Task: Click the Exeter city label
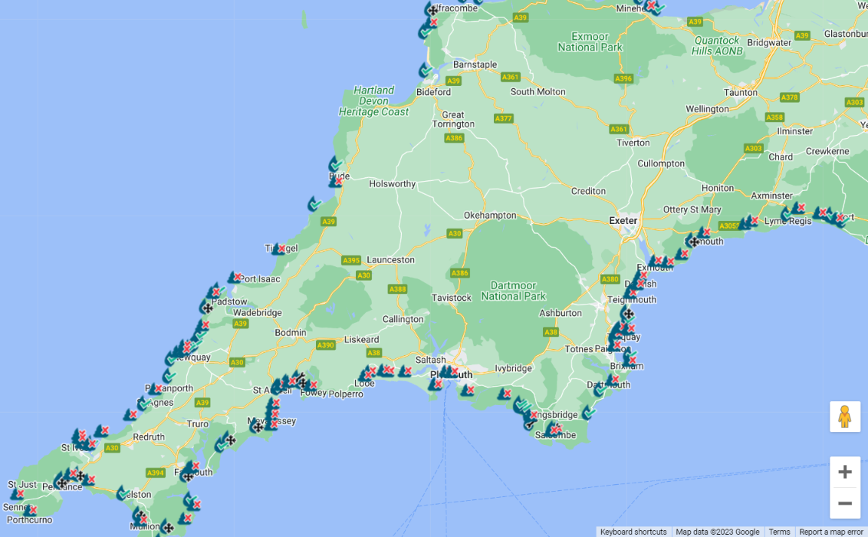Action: click(x=623, y=221)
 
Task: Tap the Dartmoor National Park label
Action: click(x=513, y=291)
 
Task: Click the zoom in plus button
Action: click(x=844, y=472)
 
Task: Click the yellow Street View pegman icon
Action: click(x=844, y=417)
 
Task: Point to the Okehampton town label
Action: click(x=490, y=216)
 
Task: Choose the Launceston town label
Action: click(x=390, y=260)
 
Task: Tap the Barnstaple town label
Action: click(x=475, y=65)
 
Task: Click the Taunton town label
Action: click(x=740, y=92)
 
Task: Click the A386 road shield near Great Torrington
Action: click(x=454, y=138)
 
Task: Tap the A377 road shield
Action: click(x=503, y=119)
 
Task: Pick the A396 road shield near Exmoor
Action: click(x=623, y=78)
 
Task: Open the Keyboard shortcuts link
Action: click(x=633, y=532)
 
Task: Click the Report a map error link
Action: click(x=830, y=532)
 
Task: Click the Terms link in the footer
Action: click(x=779, y=532)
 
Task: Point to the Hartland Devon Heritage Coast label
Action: click(x=374, y=101)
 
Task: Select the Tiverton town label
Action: click(x=633, y=143)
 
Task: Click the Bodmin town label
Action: click(x=290, y=333)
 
